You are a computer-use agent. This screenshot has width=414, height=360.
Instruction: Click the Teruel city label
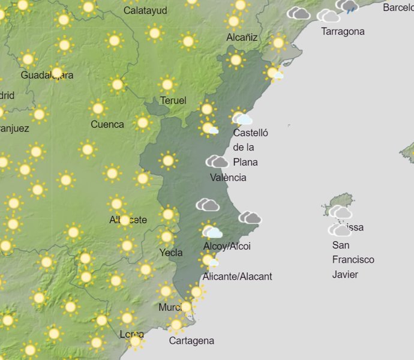tap(173, 100)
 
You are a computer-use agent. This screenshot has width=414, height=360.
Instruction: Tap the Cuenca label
tap(107, 125)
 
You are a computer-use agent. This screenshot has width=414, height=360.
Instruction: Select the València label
tap(228, 178)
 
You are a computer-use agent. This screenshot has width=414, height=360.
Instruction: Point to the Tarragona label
tap(343, 31)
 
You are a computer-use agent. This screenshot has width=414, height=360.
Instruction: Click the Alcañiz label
tap(242, 37)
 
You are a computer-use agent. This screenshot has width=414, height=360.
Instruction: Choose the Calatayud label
tap(145, 10)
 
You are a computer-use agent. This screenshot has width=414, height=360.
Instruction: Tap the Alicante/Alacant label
tap(237, 277)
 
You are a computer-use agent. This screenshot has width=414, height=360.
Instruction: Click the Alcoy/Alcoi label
tap(227, 247)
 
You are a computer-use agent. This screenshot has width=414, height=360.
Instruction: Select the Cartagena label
tap(191, 341)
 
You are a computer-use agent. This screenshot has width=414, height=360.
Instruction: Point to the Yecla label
tap(171, 253)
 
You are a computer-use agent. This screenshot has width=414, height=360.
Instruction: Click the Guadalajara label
tap(47, 75)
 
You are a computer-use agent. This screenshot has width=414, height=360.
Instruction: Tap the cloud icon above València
tap(217, 161)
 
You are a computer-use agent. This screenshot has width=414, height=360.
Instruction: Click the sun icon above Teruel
tap(167, 85)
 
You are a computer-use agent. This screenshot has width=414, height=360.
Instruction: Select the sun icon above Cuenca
tap(98, 109)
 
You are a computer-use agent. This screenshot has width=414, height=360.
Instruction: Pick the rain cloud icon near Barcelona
tap(347, 6)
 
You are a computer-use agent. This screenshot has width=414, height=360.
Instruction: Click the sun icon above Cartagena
tap(176, 325)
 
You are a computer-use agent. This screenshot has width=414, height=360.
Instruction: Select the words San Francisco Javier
tap(353, 260)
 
